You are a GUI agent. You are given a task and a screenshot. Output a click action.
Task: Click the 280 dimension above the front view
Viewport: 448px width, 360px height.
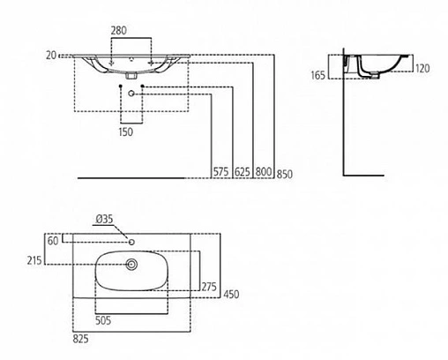[x=119, y=31]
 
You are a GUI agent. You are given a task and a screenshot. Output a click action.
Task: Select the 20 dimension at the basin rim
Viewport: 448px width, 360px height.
[x=52, y=55]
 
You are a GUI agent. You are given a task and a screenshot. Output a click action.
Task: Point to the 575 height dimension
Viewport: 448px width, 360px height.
[x=220, y=172]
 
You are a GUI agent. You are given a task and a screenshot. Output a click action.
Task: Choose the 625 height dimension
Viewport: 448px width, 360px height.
[x=242, y=172]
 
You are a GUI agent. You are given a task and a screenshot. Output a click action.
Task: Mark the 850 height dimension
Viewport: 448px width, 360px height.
[x=284, y=172]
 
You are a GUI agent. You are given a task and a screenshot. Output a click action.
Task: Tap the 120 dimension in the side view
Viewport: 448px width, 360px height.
[x=422, y=66]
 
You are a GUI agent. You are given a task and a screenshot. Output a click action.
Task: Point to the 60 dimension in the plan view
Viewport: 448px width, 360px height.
[x=53, y=240]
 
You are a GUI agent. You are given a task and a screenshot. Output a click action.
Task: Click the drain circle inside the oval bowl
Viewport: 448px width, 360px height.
[x=132, y=263]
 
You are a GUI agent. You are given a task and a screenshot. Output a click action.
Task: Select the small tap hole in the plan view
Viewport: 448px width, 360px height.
[x=131, y=239]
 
